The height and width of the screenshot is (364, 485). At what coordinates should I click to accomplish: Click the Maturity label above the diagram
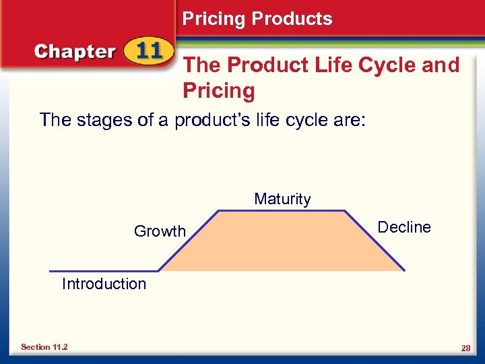(x=282, y=199)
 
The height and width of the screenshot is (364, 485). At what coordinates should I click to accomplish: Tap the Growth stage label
(x=160, y=231)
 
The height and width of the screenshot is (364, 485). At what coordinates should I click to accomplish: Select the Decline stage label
(x=404, y=227)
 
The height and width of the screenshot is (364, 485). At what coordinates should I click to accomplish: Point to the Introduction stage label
(x=104, y=284)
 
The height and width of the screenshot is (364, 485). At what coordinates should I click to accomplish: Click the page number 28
(x=465, y=347)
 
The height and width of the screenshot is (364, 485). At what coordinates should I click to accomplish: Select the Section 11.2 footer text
(x=44, y=347)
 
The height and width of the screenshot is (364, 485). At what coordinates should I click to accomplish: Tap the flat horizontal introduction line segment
(x=101, y=270)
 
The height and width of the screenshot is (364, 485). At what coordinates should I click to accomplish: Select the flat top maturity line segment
(x=282, y=210)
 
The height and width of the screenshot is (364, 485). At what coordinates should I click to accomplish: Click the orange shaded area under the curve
(x=282, y=243)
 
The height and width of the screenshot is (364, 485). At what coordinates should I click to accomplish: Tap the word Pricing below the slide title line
(x=219, y=91)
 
